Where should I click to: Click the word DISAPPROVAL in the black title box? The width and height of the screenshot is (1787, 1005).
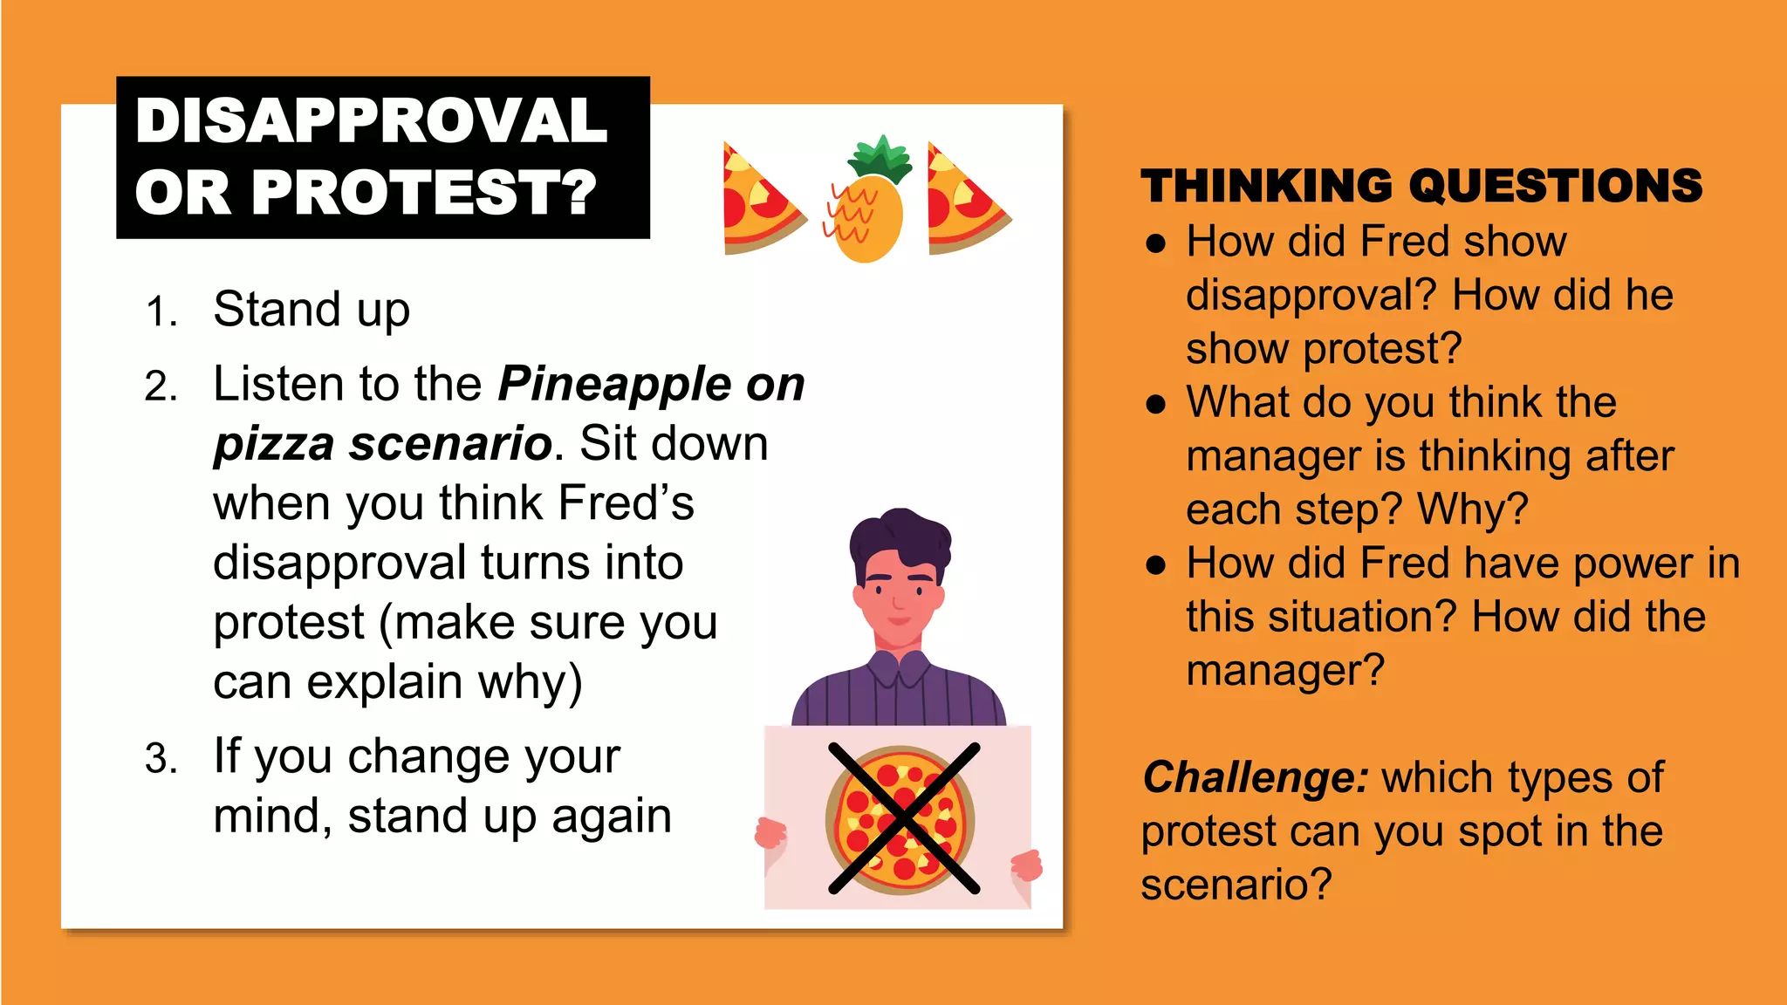tap(371, 120)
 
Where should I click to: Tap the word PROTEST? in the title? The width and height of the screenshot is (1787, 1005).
tap(424, 192)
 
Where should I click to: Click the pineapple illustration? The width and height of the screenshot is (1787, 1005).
tap(866, 218)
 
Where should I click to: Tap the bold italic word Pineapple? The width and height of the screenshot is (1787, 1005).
tap(614, 384)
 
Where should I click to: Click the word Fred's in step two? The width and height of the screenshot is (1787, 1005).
tap(626, 503)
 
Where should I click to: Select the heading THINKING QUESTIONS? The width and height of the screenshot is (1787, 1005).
tap(1421, 186)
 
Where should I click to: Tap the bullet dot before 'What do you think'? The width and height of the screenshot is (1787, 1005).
tap(1156, 404)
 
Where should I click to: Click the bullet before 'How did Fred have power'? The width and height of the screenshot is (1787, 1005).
tap(1156, 565)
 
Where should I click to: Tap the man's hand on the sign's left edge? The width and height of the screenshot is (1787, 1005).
tap(770, 833)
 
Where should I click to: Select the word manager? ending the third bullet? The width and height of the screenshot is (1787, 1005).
tap(1284, 671)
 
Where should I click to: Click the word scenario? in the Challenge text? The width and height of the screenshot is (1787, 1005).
tap(1236, 885)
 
